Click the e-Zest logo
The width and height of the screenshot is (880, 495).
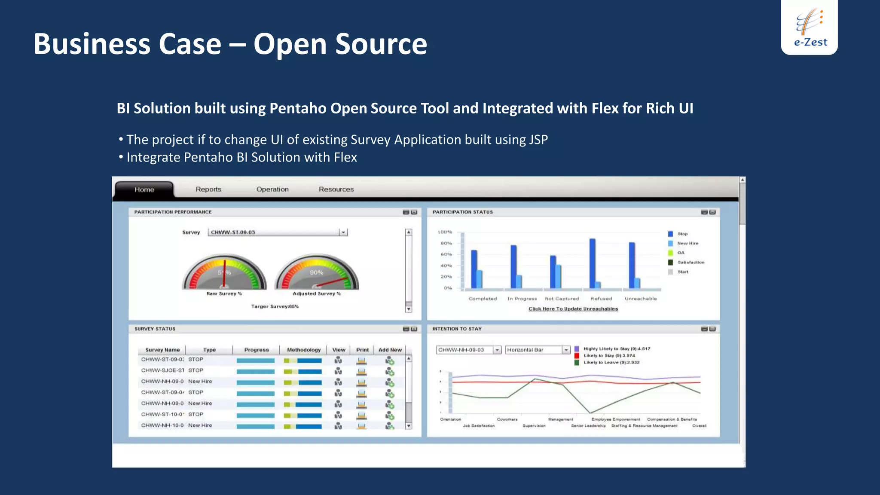pos(810,27)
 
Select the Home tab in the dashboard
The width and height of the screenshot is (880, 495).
pos(144,189)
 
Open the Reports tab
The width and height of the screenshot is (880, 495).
pos(208,189)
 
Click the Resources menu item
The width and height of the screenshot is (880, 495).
pos(336,189)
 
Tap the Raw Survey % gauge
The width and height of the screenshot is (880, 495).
pos(224,273)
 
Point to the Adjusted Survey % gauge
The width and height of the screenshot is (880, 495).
pos(317,273)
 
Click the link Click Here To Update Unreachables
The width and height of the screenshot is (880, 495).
pos(573,309)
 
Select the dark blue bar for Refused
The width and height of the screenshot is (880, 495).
pos(593,263)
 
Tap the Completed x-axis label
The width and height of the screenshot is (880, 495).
pos(483,299)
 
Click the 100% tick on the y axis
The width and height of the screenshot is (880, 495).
pos(445,232)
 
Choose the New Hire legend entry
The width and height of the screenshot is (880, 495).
pos(687,243)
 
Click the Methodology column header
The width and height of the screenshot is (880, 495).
pos(304,350)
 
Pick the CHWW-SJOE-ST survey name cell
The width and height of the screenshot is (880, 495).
pos(162,370)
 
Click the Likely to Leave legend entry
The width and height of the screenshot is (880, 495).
pos(611,362)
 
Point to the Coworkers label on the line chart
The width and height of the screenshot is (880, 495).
pos(507,419)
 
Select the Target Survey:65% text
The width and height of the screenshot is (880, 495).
pos(275,306)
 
